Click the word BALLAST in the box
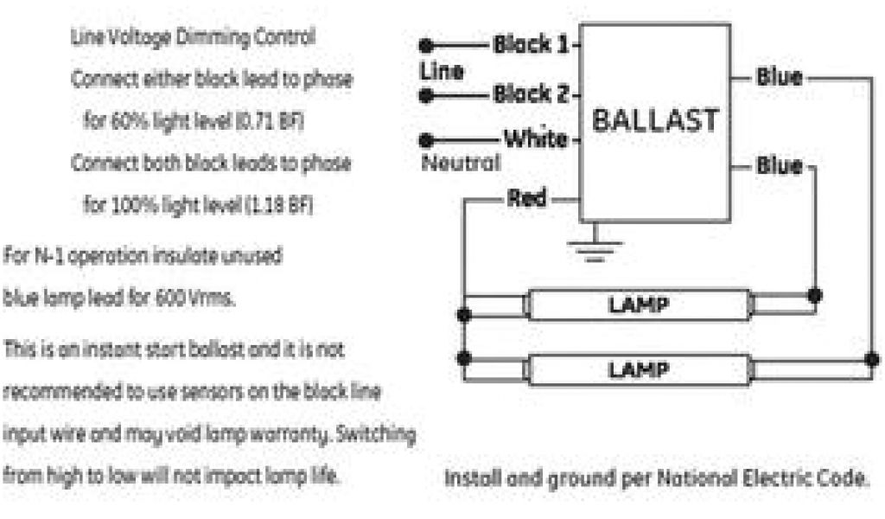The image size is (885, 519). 655,120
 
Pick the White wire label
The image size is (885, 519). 535,138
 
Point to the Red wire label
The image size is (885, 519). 526,199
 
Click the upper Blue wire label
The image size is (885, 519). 779,77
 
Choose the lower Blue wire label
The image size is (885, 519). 779,165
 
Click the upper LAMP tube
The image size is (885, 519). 638,305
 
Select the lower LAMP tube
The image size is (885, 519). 638,369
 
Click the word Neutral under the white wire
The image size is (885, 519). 460,162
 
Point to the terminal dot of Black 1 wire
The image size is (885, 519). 424,45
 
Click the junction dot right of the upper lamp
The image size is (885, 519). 814,294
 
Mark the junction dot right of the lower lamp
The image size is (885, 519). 872,358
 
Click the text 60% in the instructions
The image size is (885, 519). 120,122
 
